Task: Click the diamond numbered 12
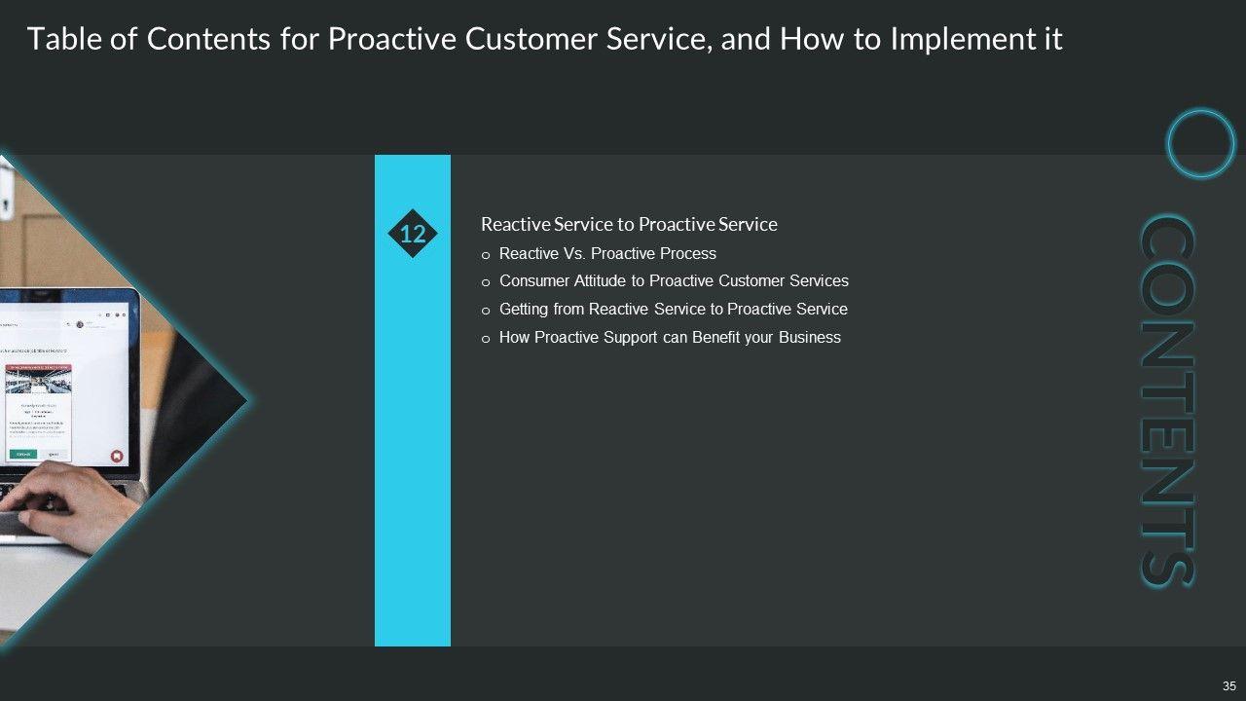point(413,234)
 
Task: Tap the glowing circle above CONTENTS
point(1200,143)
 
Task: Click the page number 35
point(1228,684)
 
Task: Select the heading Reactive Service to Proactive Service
point(629,224)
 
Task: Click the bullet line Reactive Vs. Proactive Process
point(607,253)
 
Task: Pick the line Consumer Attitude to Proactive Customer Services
point(674,280)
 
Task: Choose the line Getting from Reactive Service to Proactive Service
point(673,309)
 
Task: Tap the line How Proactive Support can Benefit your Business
point(670,337)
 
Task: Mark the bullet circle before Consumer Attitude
point(487,282)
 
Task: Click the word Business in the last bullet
point(810,337)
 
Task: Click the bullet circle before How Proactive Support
point(487,339)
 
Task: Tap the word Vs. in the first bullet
point(572,253)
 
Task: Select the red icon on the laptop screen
point(116,456)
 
